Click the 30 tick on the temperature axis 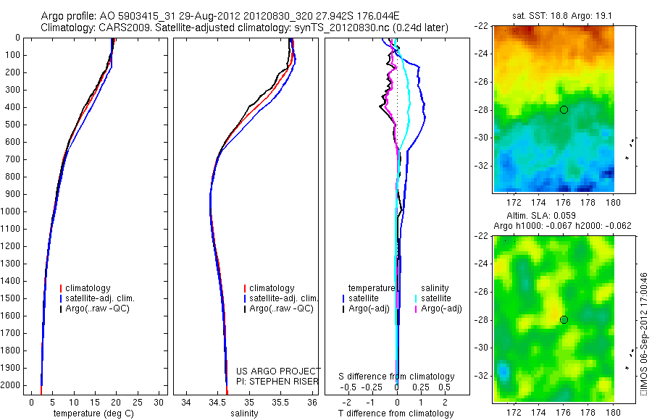(x=159, y=402)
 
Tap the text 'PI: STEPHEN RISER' (x=278, y=380)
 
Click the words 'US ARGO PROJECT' (x=278, y=371)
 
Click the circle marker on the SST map (x=564, y=109)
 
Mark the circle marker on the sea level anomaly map (x=564, y=319)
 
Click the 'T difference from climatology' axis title (x=397, y=413)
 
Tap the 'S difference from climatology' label (x=397, y=377)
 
